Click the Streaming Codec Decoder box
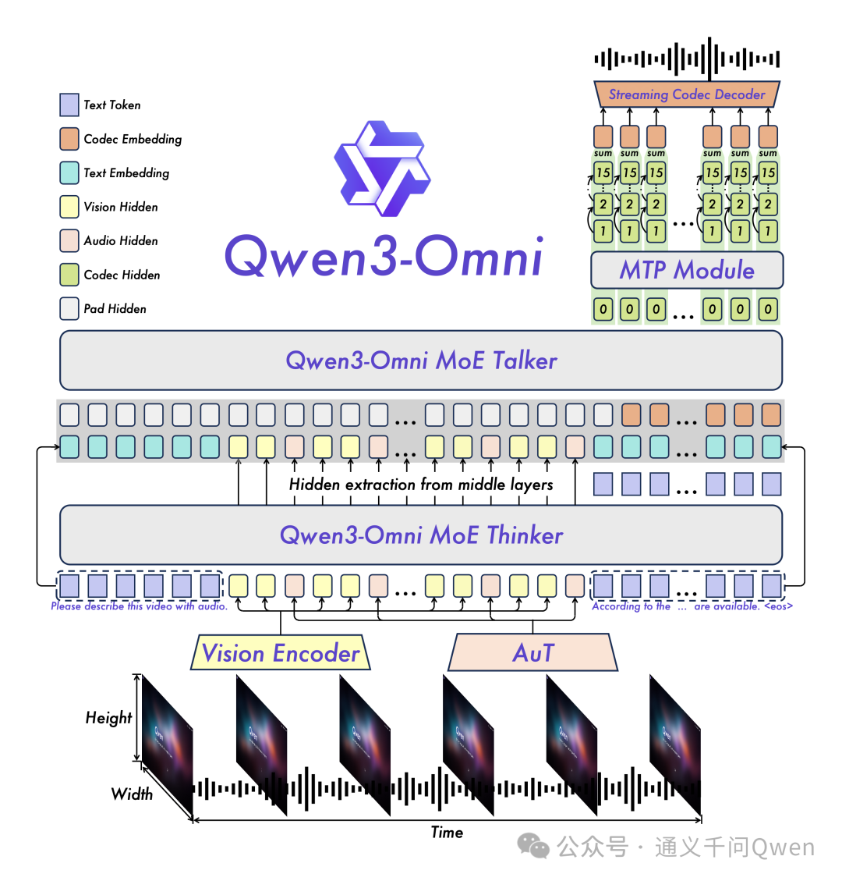pos(687,94)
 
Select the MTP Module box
pos(687,270)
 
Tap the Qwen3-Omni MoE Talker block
pos(421,361)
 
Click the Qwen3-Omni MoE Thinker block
pos(421,535)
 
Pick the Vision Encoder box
pos(281,653)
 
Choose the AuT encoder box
pos(533,653)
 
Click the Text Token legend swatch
pos(69,105)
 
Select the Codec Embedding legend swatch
pos(69,139)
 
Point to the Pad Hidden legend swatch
pos(69,309)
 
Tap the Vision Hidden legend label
pos(121,207)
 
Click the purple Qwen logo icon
pos(382,168)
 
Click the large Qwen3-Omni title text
pos(384,256)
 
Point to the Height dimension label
pos(108,718)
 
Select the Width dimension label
pos(132,794)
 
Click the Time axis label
pos(447,833)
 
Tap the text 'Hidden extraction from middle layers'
pos(421,485)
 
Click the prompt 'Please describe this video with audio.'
pos(139,606)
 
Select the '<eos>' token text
pos(778,606)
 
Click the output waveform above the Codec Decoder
pos(687,59)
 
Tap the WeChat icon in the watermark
pos(534,846)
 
